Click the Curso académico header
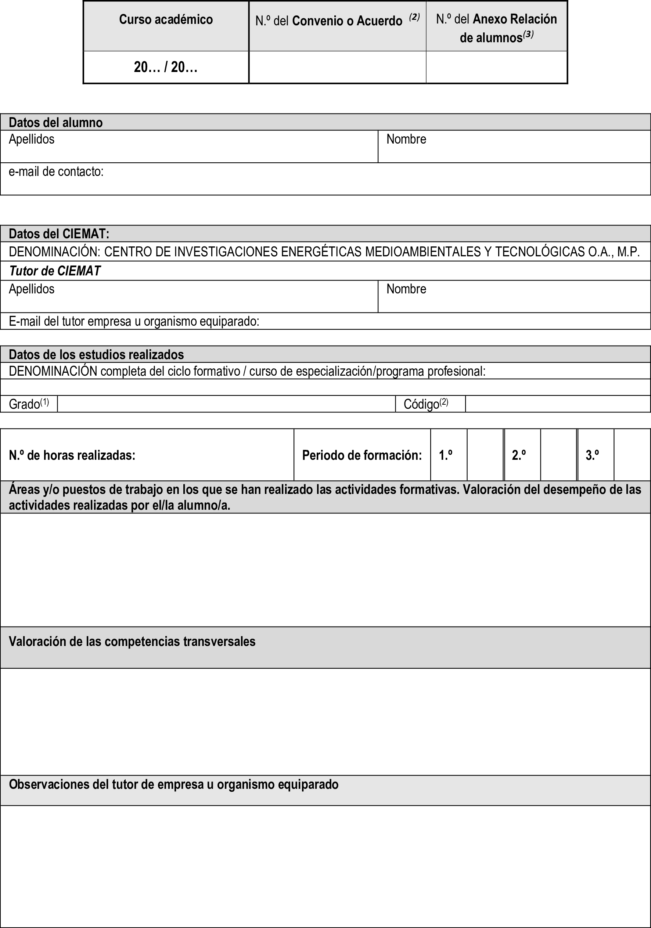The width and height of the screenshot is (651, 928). (x=166, y=20)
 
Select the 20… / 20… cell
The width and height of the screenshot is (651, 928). (x=166, y=67)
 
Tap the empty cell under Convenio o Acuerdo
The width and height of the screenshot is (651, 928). (x=337, y=67)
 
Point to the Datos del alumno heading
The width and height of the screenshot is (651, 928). (x=56, y=122)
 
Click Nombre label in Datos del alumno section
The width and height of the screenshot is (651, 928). (x=406, y=140)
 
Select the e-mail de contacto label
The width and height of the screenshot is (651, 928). (x=56, y=172)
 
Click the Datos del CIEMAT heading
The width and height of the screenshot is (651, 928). (x=59, y=234)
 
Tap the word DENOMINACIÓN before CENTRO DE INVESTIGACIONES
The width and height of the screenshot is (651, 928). (x=54, y=252)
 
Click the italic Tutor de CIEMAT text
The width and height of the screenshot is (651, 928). (x=55, y=271)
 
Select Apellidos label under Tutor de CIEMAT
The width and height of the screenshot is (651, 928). (x=32, y=289)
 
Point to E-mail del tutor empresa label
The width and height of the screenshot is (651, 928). (x=134, y=321)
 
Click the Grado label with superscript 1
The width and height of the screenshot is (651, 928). (x=29, y=404)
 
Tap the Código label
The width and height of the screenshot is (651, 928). (x=425, y=404)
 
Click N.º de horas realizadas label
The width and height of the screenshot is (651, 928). (x=72, y=455)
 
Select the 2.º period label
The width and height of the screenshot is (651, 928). (x=519, y=455)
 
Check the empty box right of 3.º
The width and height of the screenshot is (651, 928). (x=632, y=455)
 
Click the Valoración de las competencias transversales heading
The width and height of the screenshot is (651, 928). (x=132, y=642)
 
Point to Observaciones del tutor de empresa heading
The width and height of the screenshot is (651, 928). (x=173, y=784)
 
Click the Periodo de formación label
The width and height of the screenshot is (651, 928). (x=362, y=455)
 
